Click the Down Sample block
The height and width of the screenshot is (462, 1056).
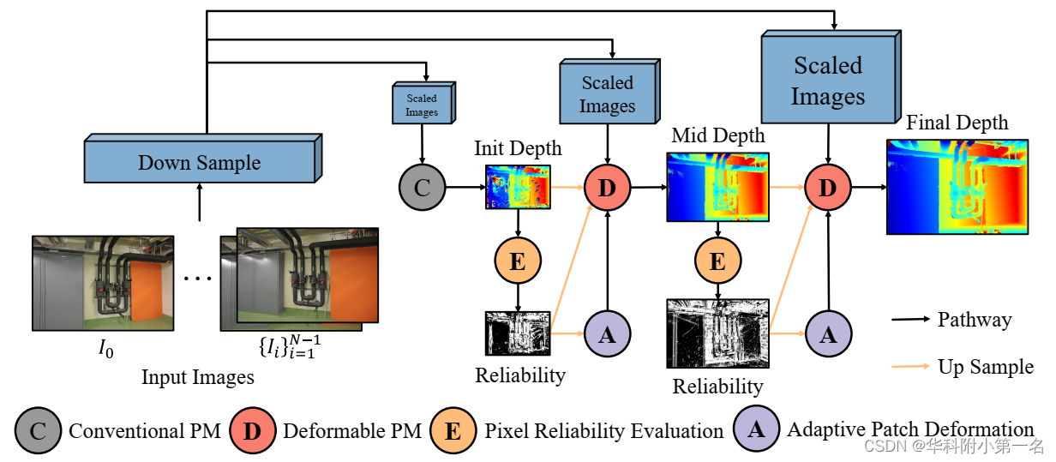click(199, 162)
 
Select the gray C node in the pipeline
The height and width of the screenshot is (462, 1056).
click(422, 187)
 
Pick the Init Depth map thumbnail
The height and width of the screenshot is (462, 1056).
click(518, 187)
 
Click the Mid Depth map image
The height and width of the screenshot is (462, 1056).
click(717, 187)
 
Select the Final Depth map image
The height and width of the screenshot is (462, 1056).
click(957, 185)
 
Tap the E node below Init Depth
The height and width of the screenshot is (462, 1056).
click(518, 261)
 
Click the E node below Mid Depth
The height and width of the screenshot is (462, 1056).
click(717, 261)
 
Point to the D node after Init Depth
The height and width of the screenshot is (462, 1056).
click(607, 187)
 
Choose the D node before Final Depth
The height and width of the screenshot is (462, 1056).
click(827, 187)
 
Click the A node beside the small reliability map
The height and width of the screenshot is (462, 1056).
click(607, 334)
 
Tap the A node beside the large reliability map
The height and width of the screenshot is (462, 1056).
click(827, 334)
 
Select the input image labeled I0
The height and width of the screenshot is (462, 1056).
click(103, 284)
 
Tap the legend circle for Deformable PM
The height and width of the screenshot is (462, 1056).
click(251, 430)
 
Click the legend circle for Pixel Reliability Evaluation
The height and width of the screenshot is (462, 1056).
click(454, 430)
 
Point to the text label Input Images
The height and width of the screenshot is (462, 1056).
click(197, 376)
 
